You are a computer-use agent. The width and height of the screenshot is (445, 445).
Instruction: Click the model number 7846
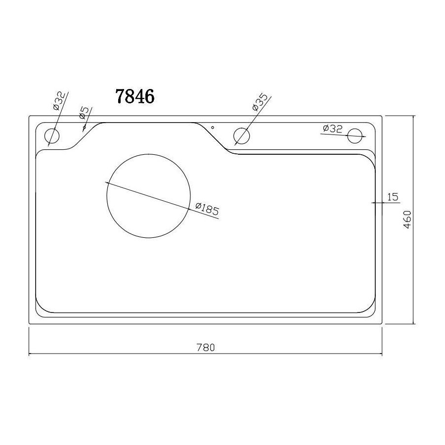(x=135, y=96)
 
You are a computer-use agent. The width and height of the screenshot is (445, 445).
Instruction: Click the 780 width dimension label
(x=206, y=348)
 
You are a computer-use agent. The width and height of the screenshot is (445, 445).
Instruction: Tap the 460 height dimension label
(x=407, y=220)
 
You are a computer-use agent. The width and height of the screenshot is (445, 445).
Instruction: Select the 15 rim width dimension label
(x=393, y=197)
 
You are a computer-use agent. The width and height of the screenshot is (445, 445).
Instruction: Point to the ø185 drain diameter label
(x=208, y=209)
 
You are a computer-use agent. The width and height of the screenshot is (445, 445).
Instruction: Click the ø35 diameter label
(x=260, y=102)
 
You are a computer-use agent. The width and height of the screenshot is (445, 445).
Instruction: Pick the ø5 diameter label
(x=84, y=113)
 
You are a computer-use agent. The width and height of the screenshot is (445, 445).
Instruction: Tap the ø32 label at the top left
(x=59, y=101)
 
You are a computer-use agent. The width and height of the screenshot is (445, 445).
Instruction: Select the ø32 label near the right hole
(x=333, y=129)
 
